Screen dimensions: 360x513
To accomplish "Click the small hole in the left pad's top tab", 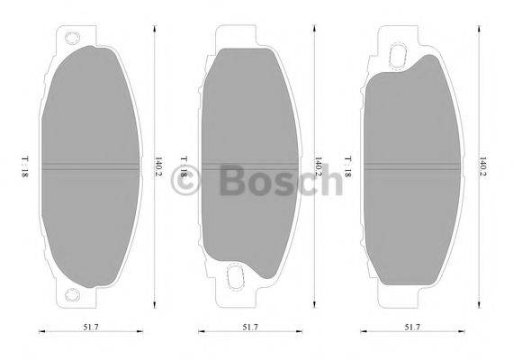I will pos(71,40).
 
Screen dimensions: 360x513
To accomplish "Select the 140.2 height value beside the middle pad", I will pos(318,166).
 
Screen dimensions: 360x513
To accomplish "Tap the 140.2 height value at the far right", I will pos(482,166).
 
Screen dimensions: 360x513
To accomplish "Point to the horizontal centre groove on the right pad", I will pos(410,166).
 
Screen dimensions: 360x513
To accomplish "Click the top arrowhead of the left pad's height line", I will pos(154,28).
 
